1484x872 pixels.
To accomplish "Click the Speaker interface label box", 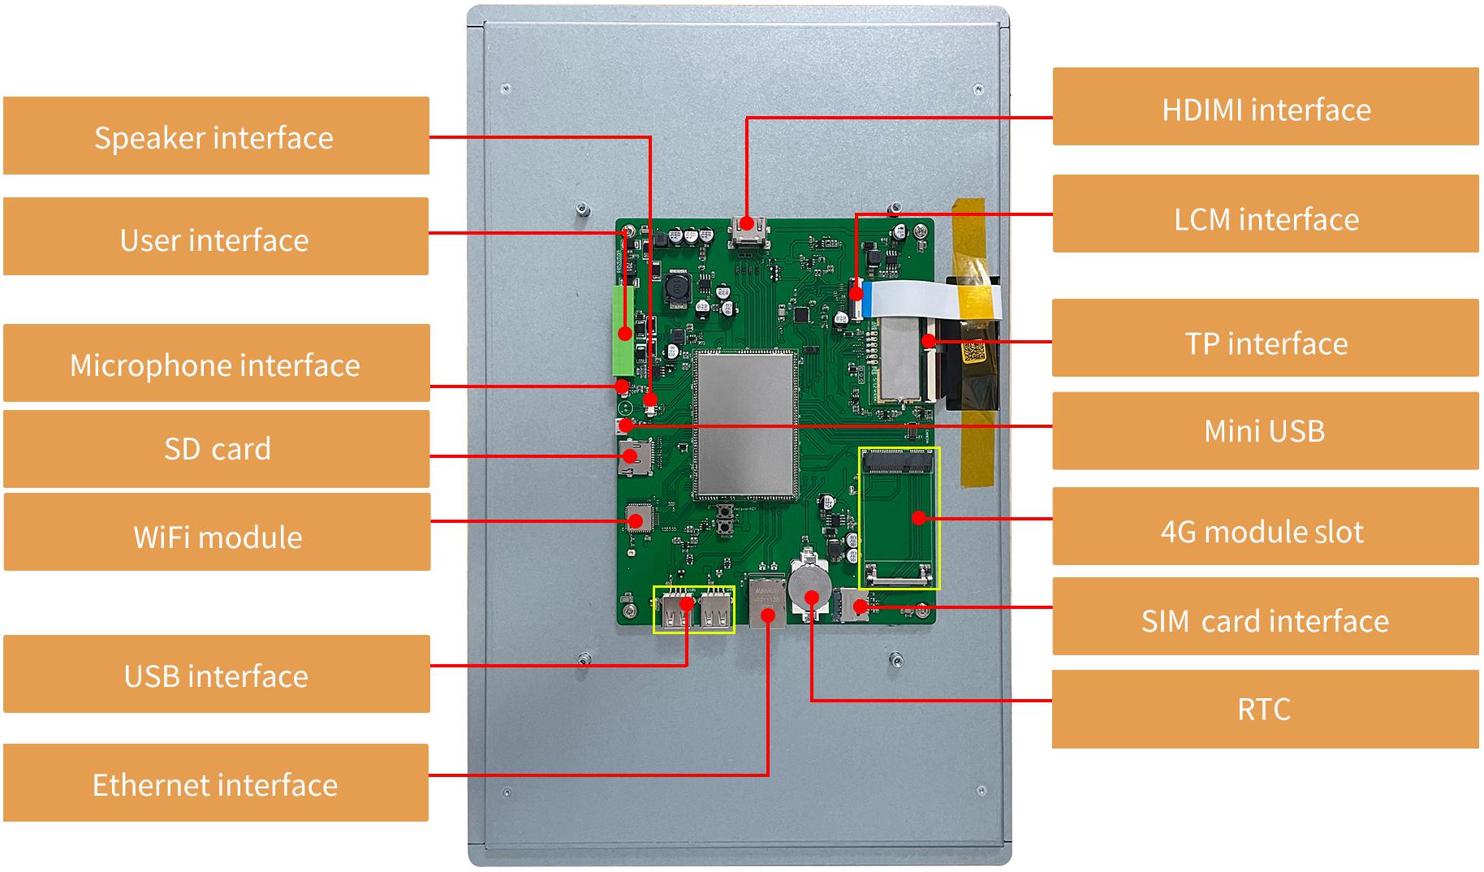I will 216,136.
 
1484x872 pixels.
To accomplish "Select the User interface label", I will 216,236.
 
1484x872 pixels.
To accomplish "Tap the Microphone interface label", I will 216,363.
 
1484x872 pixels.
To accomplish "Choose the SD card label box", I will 217,449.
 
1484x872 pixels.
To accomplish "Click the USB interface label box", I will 217,674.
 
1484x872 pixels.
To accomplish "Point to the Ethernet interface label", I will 216,783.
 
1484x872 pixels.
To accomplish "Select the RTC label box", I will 1266,709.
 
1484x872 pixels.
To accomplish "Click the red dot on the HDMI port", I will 747,222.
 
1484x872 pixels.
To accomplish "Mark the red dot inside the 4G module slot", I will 918,517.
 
